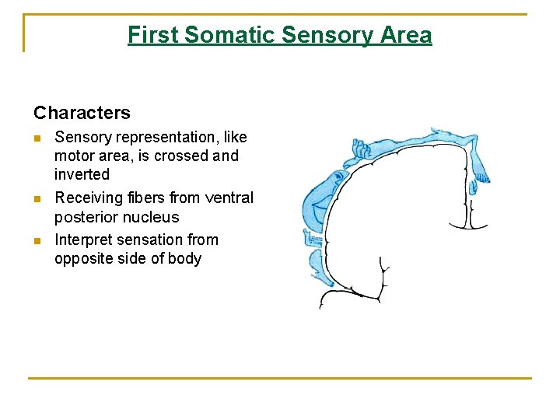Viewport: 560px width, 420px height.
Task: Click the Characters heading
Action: point(82,113)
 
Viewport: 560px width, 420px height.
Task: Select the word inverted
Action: point(82,174)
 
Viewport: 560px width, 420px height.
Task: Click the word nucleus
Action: point(149,217)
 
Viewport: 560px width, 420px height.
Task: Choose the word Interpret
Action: point(82,240)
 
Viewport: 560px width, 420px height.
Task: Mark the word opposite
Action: point(83,258)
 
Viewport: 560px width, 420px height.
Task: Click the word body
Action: point(183,258)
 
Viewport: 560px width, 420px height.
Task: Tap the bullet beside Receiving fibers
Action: point(37,198)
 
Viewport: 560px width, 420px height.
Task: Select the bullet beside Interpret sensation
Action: point(37,240)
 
